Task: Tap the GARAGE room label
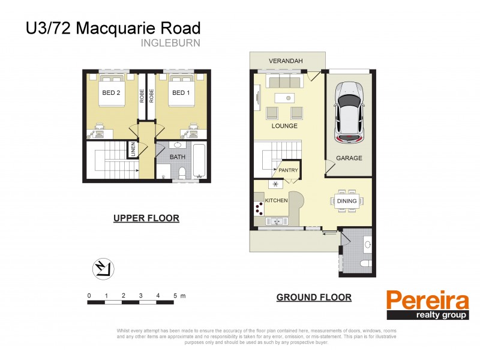coord(349,158)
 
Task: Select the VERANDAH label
coord(286,61)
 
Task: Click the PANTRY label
coord(288,171)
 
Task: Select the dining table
coord(347,202)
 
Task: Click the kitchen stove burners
coord(260,208)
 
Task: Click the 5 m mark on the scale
coord(175,296)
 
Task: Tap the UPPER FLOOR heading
coord(146,218)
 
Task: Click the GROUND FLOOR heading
coord(314,297)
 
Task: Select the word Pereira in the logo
coord(427,299)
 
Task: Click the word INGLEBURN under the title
coord(170,43)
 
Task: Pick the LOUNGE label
coord(284,127)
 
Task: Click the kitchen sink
coord(277,221)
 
